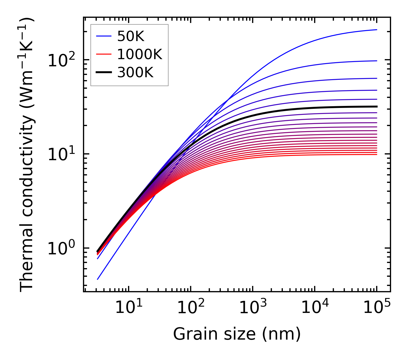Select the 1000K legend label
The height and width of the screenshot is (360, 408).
pyautogui.click(x=140, y=54)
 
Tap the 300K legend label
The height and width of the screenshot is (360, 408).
pyautogui.click(x=135, y=73)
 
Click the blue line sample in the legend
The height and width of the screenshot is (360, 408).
pyautogui.click(x=103, y=36)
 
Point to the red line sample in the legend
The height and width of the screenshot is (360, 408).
pyautogui.click(x=103, y=54)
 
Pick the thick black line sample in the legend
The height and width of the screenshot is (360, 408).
pyautogui.click(x=103, y=73)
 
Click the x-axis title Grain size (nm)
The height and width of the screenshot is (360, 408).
pyautogui.click(x=237, y=334)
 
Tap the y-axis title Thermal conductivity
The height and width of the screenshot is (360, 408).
pyautogui.click(x=27, y=155)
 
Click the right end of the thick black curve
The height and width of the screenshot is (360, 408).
pyautogui.click(x=377, y=107)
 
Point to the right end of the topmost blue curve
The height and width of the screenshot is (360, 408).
pyautogui.click(x=377, y=30)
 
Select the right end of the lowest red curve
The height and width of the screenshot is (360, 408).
pyautogui.click(x=377, y=155)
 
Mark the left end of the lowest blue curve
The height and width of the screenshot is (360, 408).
pyautogui.click(x=98, y=279)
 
